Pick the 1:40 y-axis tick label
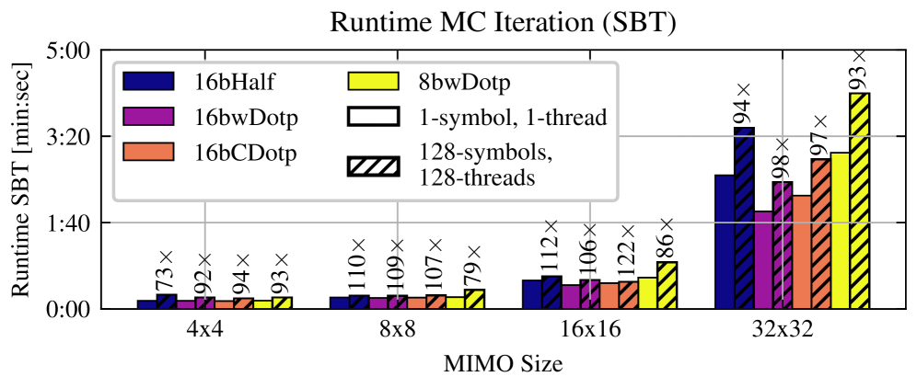coord(68,223)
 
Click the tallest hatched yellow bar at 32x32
coord(859,200)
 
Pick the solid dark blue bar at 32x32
coord(724,241)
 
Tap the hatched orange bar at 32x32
coord(820,234)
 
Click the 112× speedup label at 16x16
coord(551,247)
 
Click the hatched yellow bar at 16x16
coord(667,285)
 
